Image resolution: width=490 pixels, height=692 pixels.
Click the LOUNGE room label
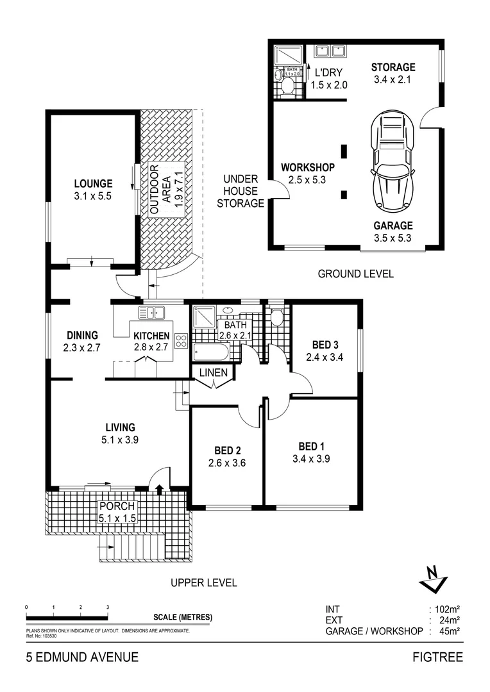(92, 183)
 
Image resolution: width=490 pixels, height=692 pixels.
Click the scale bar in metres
(67, 617)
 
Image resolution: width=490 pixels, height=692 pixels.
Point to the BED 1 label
(312, 446)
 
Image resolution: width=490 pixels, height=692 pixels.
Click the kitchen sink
(151, 313)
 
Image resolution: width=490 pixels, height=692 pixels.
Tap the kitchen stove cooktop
(181, 340)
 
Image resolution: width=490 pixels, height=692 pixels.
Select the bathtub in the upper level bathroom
(210, 352)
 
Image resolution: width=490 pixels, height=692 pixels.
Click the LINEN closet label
(213, 372)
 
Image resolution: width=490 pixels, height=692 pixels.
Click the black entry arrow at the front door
(159, 489)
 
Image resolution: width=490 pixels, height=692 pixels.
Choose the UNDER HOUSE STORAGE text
(241, 191)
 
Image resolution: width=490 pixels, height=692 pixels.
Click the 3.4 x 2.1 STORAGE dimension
(393, 80)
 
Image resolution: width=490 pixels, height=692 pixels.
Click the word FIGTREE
(438, 657)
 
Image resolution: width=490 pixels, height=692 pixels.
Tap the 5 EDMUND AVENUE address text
(81, 657)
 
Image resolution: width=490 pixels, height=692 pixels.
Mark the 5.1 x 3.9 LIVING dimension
(120, 440)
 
